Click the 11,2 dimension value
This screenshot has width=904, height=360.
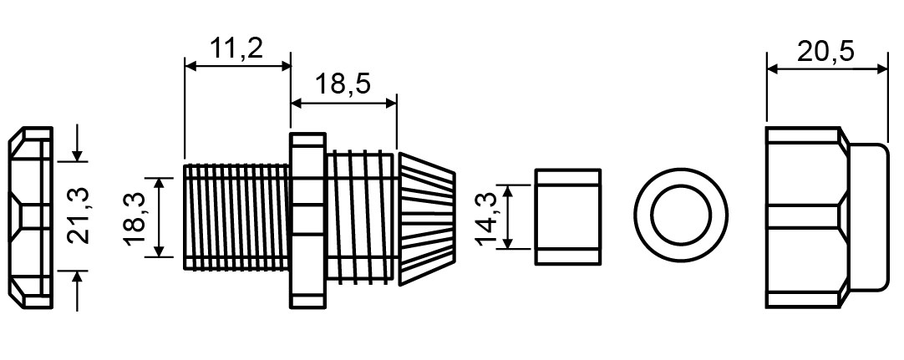coord(236,48)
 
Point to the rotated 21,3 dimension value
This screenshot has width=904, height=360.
coord(79,215)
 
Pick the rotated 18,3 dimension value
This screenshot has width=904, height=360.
coord(135,217)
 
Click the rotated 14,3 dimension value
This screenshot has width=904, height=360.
coord(488,218)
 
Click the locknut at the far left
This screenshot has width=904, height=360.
coord(31,218)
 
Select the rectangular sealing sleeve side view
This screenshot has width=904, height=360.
coord(568,216)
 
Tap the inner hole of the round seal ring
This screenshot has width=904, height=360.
coord(682,215)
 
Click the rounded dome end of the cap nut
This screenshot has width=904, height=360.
coord(867,217)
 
